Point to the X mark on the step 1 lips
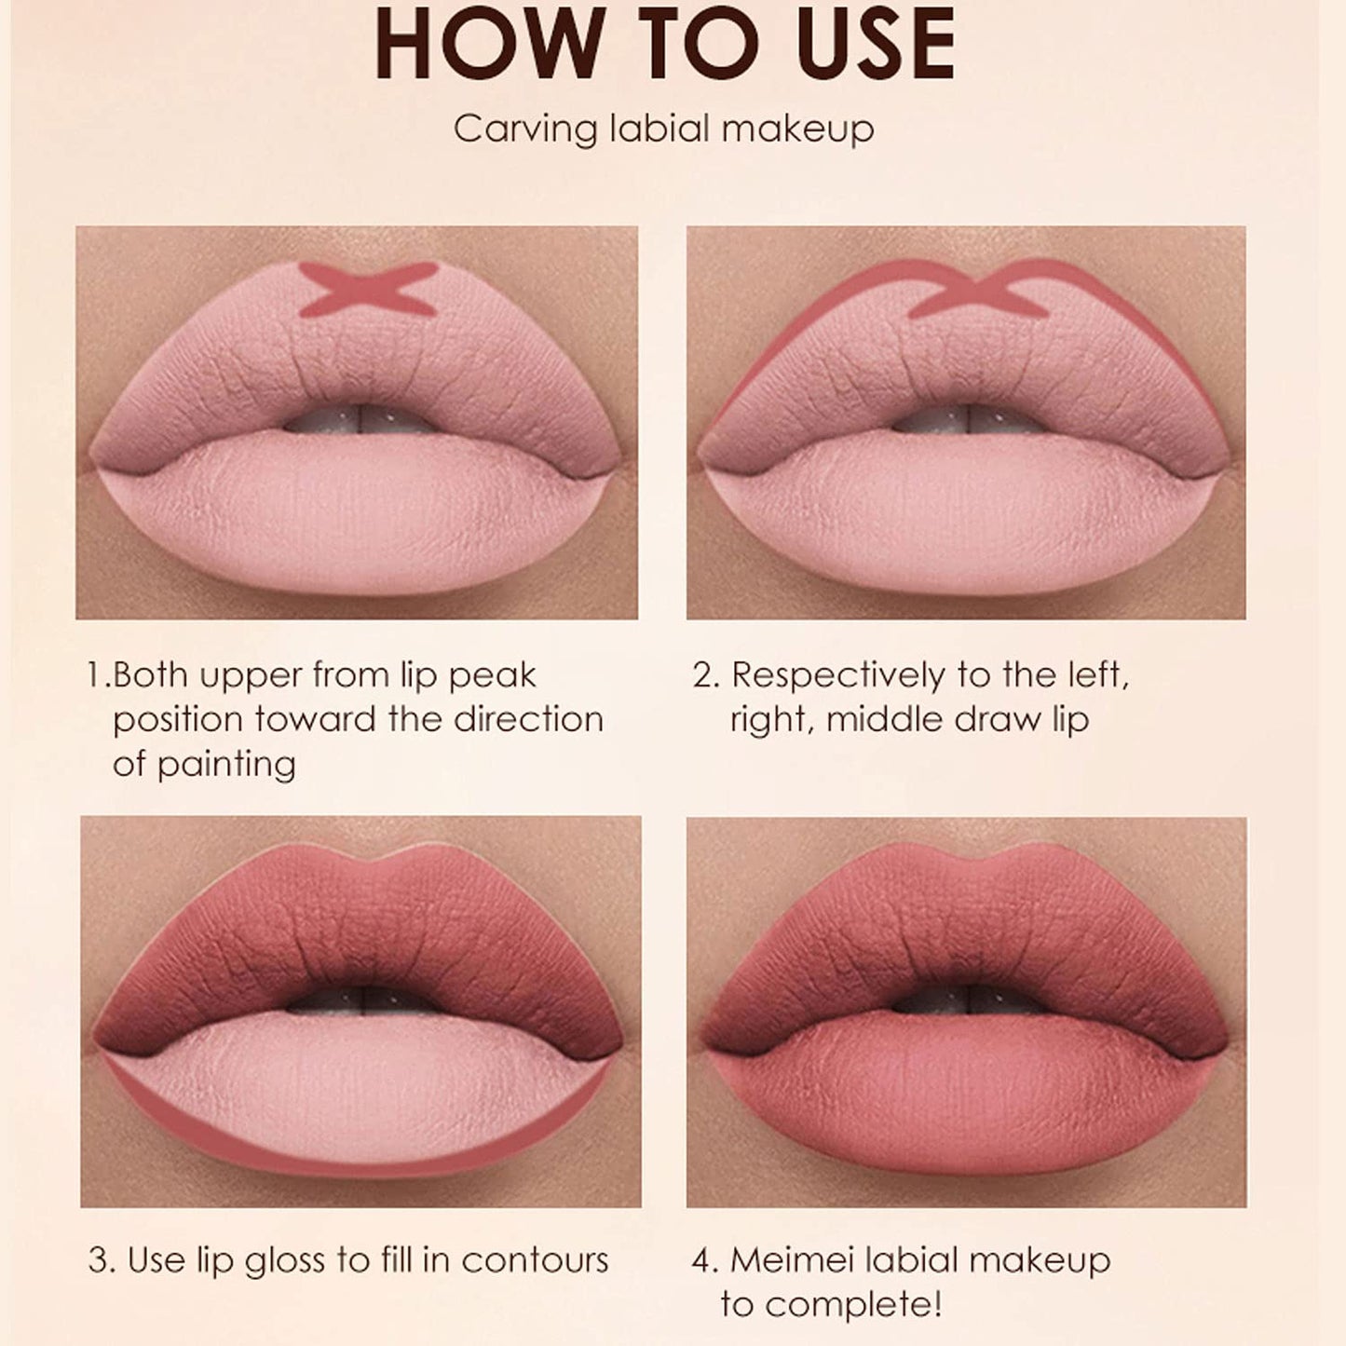coord(369,287)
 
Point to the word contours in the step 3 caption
coord(535,1260)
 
